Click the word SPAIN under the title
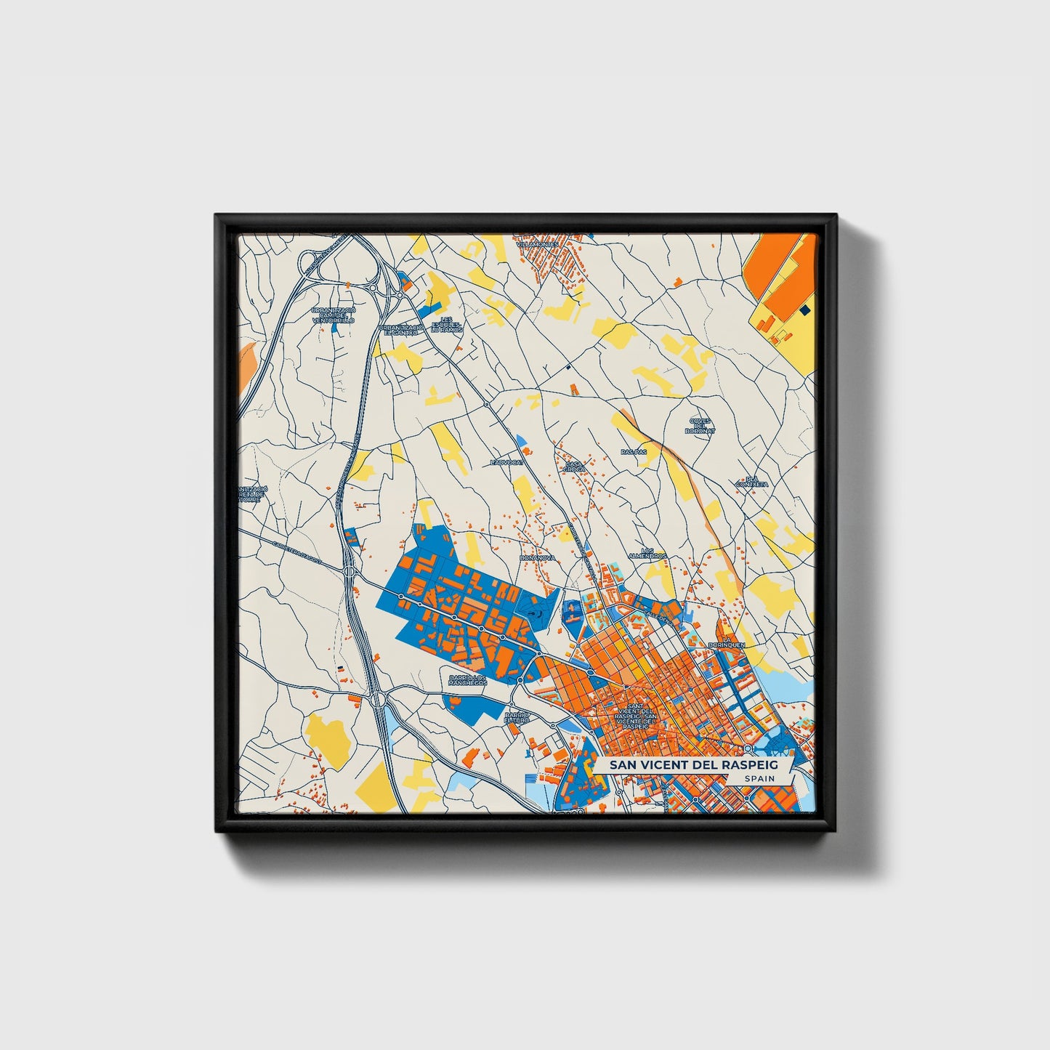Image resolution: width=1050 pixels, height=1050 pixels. pos(759,778)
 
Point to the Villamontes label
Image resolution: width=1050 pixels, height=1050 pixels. pos(538,244)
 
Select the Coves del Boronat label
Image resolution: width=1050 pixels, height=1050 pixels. pos(700,426)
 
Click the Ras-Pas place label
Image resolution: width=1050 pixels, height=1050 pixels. pos(633,451)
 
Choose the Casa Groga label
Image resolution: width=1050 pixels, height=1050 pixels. pos(575,467)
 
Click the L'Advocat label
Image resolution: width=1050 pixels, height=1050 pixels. pos(506,461)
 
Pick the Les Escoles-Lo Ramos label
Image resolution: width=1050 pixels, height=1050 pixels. pos(446,325)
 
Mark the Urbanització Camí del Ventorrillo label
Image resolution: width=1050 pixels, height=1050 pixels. pos(333,315)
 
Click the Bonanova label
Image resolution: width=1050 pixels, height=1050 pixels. pos(538,557)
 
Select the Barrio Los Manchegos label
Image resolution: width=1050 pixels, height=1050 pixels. pos(467,680)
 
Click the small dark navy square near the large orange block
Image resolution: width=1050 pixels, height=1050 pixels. pos(804,310)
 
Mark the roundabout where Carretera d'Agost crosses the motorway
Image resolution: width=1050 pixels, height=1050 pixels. pos(350,572)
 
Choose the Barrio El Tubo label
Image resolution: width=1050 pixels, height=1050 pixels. pos(517,717)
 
